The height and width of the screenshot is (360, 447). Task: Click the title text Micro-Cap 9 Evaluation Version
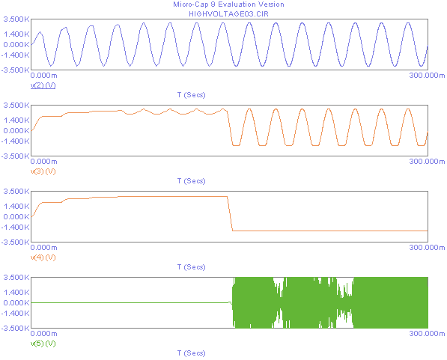(228, 4)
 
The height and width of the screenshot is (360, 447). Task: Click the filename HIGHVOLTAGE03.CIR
(228, 14)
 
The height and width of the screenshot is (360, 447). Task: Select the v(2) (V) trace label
(43, 85)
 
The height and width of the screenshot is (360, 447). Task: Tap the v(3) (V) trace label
(43, 171)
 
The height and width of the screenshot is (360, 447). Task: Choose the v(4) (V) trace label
(43, 257)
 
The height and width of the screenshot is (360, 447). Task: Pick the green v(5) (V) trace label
(43, 344)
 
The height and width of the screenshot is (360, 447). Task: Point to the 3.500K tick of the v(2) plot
(16, 19)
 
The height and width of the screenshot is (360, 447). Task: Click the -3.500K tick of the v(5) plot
(15, 328)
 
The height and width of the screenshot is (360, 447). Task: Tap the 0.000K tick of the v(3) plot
(16, 130)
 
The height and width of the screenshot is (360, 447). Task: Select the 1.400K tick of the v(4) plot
(16, 206)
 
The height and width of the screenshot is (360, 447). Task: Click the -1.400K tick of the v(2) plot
(15, 55)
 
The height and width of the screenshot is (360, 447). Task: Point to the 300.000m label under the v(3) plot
(427, 162)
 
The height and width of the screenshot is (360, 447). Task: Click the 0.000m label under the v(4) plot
(43, 248)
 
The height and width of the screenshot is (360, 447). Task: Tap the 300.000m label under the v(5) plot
(427, 334)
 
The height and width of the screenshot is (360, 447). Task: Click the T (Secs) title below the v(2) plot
(191, 95)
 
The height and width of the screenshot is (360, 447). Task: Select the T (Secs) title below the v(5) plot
(191, 353)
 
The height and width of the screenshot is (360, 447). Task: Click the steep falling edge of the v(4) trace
(230, 213)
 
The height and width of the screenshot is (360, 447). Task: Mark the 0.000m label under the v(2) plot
(43, 76)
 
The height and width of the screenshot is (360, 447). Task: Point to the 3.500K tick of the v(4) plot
(16, 192)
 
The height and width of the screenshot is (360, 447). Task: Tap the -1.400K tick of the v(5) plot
(15, 314)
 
